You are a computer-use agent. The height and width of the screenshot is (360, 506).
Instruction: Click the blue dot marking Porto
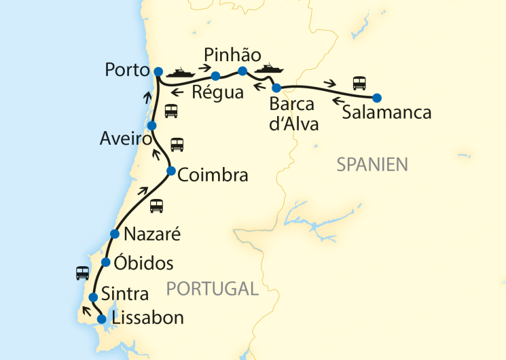pos(158,71)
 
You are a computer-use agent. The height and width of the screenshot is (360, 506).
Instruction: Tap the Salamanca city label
pos(386,113)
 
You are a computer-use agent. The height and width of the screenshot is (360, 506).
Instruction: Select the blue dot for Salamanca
pos(377,97)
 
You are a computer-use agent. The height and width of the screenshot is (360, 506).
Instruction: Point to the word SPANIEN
pos(372,164)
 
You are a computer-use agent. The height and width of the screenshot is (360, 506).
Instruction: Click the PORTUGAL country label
pos(213,289)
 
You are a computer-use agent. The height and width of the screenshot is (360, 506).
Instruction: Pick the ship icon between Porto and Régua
pos(181,72)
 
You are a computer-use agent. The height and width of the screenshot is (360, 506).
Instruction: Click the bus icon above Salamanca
pos(359,84)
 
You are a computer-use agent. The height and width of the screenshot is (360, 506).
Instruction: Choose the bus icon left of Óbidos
pos(82,272)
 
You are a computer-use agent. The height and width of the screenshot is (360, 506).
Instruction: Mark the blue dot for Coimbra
pos(170,170)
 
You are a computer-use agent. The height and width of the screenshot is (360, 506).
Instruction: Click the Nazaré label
pos(153,235)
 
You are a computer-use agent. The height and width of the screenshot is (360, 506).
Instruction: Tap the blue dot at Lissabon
pos(101,319)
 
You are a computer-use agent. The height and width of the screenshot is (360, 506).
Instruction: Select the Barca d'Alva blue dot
pos(276,88)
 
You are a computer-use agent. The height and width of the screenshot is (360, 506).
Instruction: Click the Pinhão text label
pos(232,55)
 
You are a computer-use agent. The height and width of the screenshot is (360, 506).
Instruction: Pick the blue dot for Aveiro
pos(152,126)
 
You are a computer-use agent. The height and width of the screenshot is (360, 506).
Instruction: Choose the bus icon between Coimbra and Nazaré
pos(156,205)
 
